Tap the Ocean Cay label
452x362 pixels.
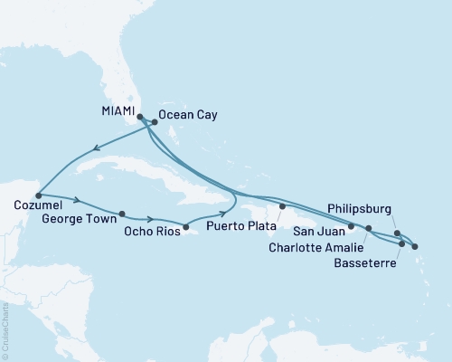click(187, 116)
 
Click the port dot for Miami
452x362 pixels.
click(139, 116)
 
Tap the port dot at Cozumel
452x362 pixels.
click(38, 195)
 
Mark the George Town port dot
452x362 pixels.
click(121, 214)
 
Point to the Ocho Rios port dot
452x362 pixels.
click(186, 226)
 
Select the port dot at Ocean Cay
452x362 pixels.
click(155, 122)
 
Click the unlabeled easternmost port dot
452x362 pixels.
click(415, 245)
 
